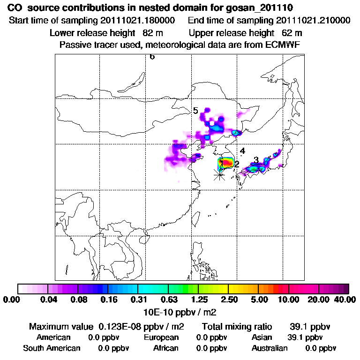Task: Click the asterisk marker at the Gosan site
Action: [219, 175]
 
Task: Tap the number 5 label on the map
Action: [195, 111]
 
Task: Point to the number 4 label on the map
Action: [242, 151]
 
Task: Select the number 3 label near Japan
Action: [256, 160]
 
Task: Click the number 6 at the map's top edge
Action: [152, 57]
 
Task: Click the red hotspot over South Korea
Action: [227, 163]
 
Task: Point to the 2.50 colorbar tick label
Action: [229, 300]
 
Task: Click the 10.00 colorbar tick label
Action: [289, 300]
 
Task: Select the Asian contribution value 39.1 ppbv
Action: [305, 337]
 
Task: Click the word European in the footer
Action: [161, 337]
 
